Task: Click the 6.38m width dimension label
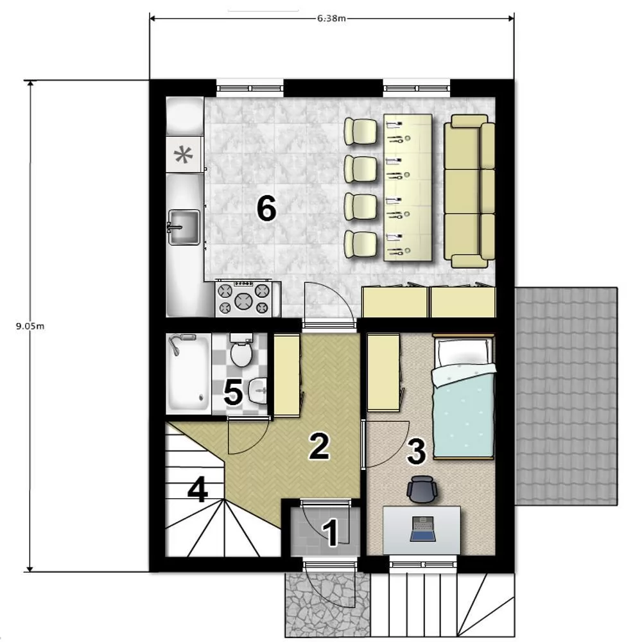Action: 331,18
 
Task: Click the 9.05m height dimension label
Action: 30,326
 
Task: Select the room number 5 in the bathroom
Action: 233,393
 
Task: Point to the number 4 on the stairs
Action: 197,490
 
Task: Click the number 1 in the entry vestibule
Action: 331,533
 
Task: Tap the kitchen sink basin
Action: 184,228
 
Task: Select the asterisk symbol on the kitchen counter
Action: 184,155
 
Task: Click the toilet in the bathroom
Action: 241,351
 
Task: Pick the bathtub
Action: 188,373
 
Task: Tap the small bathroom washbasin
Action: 257,391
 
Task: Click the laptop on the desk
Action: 421,529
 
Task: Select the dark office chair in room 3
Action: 422,489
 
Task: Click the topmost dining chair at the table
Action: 361,131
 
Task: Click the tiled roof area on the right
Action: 566,396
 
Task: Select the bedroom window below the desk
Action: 423,564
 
